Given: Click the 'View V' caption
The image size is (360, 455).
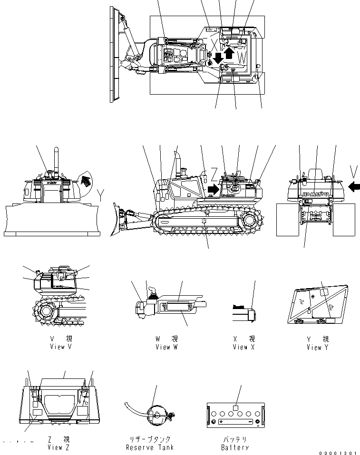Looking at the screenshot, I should pyautogui.click(x=60, y=347).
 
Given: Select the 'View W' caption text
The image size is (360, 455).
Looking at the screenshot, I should pyautogui.click(x=166, y=347).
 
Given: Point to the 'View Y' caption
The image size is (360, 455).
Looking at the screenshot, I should pyautogui.click(x=318, y=348).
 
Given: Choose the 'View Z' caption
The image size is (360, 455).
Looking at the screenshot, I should pyautogui.click(x=58, y=447).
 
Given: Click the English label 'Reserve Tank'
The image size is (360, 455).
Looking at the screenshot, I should pyautogui.click(x=150, y=447).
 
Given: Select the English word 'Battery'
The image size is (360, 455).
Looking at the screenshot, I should pyautogui.click(x=235, y=447).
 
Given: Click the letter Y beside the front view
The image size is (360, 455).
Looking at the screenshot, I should pyautogui.click(x=100, y=194).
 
